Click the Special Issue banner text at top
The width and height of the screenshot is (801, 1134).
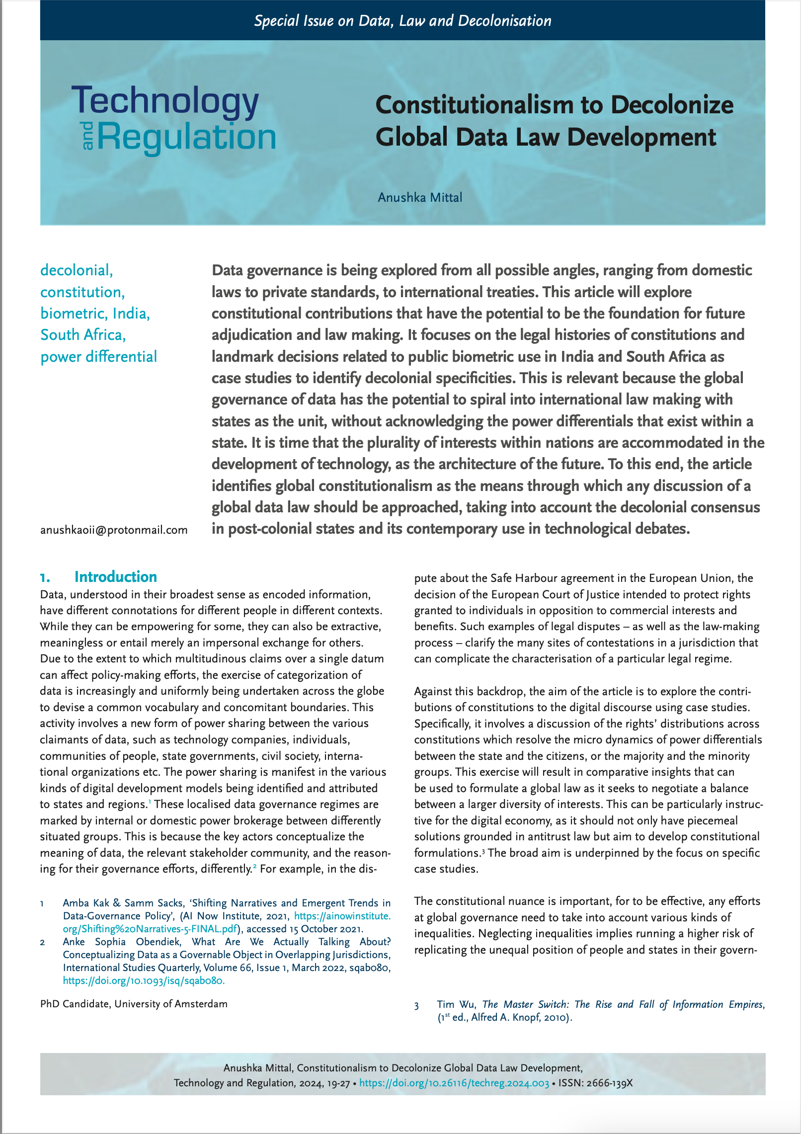(402, 21)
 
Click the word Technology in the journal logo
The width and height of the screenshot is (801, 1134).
(165, 101)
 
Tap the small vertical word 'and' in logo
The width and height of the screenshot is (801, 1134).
(88, 135)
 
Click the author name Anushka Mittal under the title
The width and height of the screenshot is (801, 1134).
(420, 197)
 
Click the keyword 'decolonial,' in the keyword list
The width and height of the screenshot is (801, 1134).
(77, 270)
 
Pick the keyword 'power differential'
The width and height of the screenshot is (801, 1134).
(98, 357)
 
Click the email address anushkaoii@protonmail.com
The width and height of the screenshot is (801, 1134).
(114, 530)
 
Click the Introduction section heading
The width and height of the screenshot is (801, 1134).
(115, 576)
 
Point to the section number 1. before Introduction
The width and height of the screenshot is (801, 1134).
(45, 577)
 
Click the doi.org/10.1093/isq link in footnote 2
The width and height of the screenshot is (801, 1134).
(144, 980)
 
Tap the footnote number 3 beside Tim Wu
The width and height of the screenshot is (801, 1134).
(416, 1005)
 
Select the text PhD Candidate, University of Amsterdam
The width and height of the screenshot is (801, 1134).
(134, 1004)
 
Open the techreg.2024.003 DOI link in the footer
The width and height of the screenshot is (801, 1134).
(454, 1083)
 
